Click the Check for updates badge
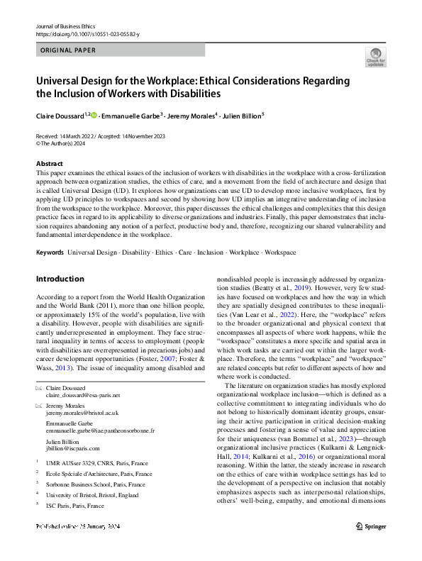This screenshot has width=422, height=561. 375,56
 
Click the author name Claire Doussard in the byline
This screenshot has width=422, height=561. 60,113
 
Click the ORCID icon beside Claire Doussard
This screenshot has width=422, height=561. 94,113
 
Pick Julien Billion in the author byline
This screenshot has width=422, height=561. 240,113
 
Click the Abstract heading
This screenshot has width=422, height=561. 49,163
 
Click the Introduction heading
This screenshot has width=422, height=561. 61,279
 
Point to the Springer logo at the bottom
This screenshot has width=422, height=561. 370,546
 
